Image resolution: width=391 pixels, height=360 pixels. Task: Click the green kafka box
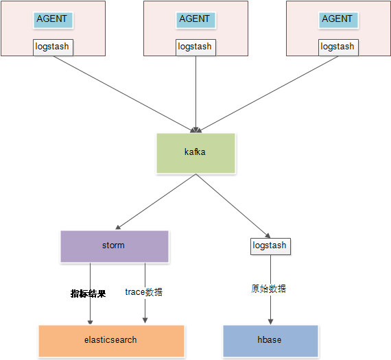[195, 154]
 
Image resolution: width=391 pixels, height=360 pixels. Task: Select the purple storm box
[115, 246]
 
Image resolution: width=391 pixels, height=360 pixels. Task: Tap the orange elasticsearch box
[111, 341]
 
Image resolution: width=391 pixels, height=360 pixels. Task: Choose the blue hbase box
[270, 341]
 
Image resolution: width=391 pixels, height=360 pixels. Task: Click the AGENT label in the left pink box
[53, 20]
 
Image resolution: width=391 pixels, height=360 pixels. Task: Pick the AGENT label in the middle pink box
[195, 20]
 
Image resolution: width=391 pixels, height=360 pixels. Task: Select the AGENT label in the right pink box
[338, 20]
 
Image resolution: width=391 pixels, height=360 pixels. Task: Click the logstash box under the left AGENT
[53, 47]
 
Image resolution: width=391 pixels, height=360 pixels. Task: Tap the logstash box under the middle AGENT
[195, 47]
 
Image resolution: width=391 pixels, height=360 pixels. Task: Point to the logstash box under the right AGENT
[338, 47]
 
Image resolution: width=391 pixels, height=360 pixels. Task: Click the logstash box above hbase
[270, 246]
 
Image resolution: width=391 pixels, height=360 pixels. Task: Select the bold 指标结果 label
[88, 293]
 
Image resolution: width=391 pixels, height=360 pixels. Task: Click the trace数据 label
[143, 292]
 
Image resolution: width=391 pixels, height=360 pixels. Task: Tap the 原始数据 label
[268, 289]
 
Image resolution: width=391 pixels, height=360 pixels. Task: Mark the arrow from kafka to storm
[156, 202]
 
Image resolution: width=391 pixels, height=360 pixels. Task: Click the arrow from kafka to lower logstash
[233, 206]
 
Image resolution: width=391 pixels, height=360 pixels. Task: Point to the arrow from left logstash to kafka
[124, 94]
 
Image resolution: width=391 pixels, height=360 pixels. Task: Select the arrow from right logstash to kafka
[268, 94]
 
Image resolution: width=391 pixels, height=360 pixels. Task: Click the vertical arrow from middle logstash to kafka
[195, 94]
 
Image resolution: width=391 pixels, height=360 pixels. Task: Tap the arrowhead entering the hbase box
[270, 322]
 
